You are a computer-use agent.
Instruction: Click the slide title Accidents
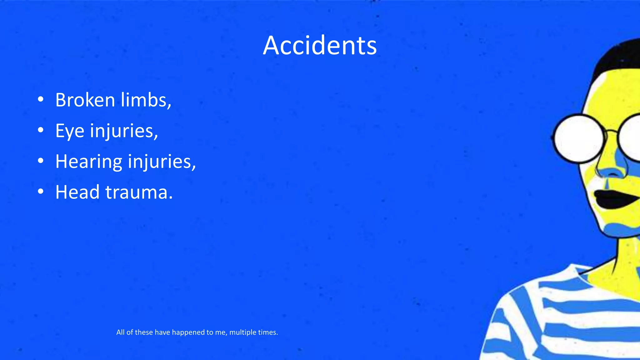[320, 46]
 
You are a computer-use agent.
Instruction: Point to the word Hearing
[88, 162]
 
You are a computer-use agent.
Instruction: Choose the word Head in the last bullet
[77, 192]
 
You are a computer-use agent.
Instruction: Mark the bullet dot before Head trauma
[40, 192]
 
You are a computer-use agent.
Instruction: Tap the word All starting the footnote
[120, 332]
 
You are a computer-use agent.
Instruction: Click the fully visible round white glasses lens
[580, 138]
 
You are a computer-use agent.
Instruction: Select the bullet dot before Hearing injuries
[40, 161]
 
